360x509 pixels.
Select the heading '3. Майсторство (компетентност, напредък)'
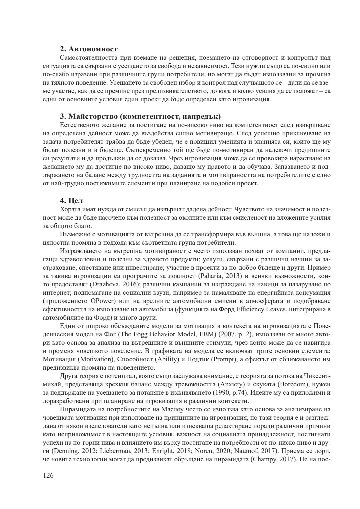[x=140, y=117]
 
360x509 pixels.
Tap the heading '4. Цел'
[x=71, y=201]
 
